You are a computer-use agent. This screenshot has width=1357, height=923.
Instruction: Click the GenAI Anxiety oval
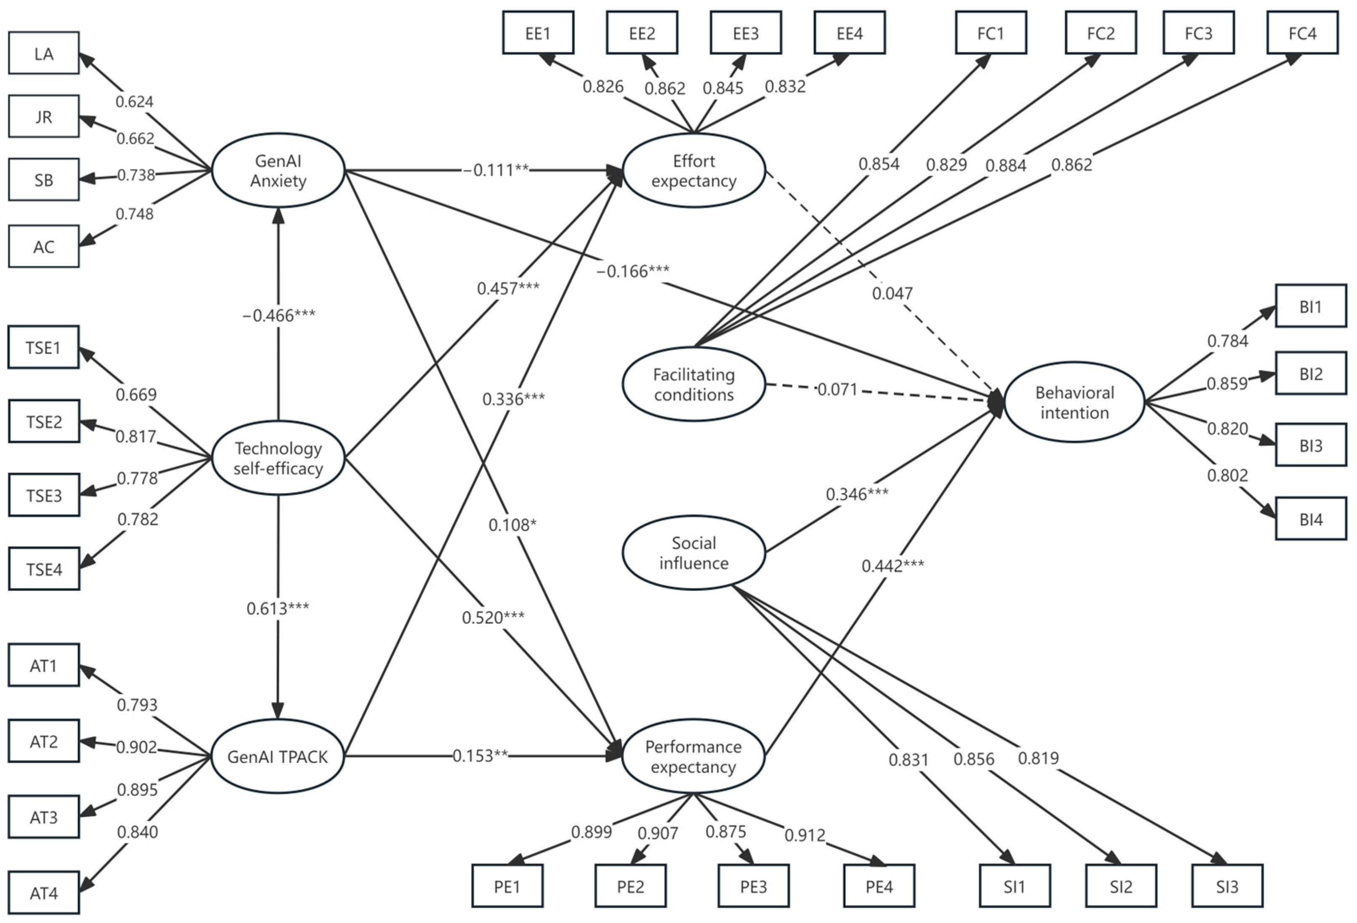(278, 171)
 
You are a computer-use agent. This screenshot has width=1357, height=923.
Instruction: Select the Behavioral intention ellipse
(1074, 402)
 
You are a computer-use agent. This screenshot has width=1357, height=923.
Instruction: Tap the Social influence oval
(693, 553)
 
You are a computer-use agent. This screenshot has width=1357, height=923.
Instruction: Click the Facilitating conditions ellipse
(693, 384)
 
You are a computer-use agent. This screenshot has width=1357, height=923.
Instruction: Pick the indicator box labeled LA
(44, 53)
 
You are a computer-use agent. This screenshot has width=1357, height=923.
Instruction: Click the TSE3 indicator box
(44, 495)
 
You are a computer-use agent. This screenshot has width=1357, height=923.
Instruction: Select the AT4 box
(44, 893)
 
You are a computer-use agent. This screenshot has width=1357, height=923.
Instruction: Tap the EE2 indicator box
(642, 33)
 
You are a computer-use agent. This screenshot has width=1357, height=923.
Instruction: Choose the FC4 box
(1302, 33)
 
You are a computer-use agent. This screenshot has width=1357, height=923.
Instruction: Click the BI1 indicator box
(1311, 306)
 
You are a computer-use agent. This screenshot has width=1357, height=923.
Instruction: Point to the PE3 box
(753, 886)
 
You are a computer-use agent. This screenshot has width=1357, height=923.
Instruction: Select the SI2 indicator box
(1121, 886)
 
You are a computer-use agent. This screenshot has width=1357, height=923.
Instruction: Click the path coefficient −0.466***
(278, 315)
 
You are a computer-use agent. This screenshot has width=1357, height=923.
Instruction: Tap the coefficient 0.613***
(278, 608)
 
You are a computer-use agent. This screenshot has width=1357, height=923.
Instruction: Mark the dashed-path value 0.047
(892, 293)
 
